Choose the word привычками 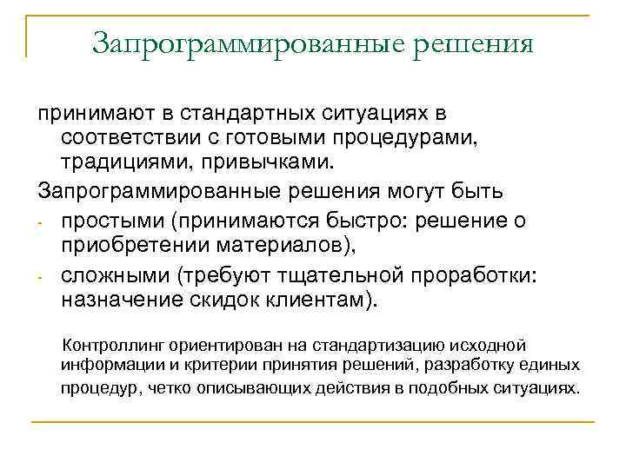pos(245,163)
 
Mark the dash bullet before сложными pos(40,278)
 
